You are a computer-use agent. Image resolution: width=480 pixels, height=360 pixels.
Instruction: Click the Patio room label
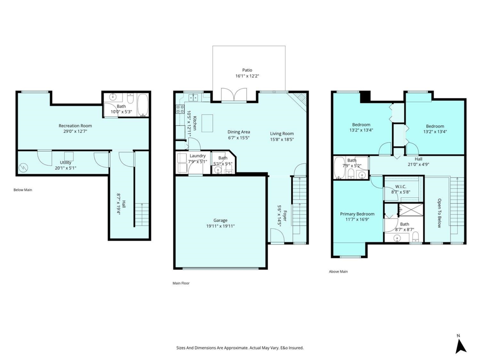247,70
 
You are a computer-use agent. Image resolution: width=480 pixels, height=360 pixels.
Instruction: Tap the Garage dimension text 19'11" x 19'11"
220,226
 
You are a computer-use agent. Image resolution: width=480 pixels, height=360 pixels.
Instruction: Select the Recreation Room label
75,126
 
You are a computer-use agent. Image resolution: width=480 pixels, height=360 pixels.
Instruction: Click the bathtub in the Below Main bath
143,105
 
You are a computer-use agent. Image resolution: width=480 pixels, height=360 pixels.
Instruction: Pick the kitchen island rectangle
207,123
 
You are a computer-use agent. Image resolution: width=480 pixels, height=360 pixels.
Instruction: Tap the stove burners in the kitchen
180,109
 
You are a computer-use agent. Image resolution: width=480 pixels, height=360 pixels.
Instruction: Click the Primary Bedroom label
357,214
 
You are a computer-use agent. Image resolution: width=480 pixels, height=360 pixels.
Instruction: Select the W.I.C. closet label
401,186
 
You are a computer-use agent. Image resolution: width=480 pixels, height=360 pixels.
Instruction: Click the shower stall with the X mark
411,210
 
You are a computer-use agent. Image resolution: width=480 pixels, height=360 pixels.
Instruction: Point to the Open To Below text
439,213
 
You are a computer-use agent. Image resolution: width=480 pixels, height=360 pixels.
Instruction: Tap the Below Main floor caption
23,190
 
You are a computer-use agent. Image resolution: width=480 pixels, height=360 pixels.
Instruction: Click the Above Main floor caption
338,272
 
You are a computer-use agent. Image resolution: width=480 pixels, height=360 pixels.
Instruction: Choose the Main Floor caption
181,283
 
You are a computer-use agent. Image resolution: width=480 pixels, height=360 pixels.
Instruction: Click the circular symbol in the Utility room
23,168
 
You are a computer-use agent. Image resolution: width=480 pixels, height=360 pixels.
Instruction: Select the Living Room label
282,134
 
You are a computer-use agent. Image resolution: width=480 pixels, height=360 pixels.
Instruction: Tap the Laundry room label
198,156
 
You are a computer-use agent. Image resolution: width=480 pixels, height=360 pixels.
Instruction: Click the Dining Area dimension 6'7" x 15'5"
238,138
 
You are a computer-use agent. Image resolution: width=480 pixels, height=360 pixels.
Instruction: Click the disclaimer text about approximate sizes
240,348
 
